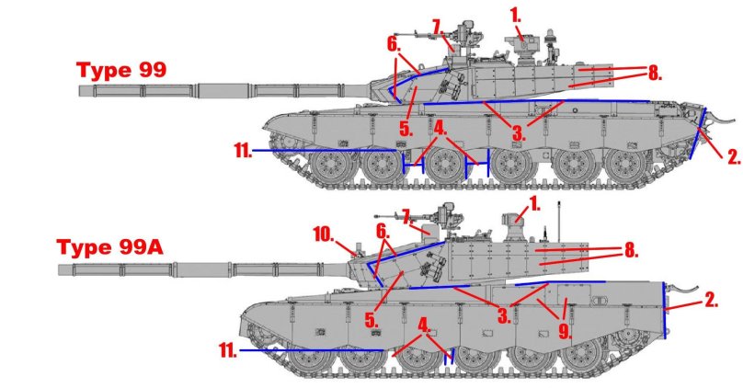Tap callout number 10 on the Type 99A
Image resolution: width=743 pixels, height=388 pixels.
[x=324, y=235]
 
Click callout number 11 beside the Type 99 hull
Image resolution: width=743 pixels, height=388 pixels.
[x=243, y=150]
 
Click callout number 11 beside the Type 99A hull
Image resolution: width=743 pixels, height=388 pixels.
[x=229, y=350]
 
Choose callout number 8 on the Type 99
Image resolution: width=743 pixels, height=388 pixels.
[x=653, y=72]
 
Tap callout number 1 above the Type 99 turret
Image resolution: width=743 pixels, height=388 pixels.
[x=516, y=16]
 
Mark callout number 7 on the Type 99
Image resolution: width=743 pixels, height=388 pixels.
[x=437, y=24]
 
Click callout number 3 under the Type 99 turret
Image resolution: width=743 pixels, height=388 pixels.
[x=519, y=132]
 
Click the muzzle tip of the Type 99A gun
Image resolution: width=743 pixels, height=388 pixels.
[x=61, y=269]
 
